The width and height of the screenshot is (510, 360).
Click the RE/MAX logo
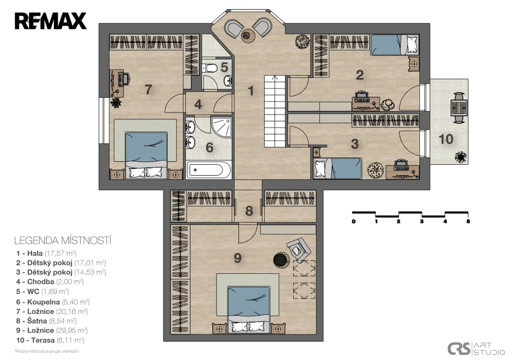coord(50,21)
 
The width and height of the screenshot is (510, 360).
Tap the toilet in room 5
coord(210,68)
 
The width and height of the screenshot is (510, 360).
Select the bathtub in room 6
coord(209,170)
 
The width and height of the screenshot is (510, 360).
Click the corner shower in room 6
coord(222,127)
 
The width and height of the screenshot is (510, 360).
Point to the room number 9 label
coord(238,258)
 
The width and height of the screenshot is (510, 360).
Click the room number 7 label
coord(148,89)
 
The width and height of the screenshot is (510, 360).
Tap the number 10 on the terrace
coord(446,139)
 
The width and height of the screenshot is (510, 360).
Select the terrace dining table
coord(459,108)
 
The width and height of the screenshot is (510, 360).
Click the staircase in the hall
coord(275,111)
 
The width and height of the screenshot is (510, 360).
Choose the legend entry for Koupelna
coord(53,302)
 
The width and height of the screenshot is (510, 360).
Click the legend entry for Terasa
coord(50,341)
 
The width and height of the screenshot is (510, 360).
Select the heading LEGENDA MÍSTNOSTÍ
coord(63,240)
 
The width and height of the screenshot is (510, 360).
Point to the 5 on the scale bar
coord(468,222)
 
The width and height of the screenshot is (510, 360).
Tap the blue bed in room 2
coord(394,44)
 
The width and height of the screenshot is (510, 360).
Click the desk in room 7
coord(117,83)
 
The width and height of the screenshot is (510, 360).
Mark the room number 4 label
coord(198,105)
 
